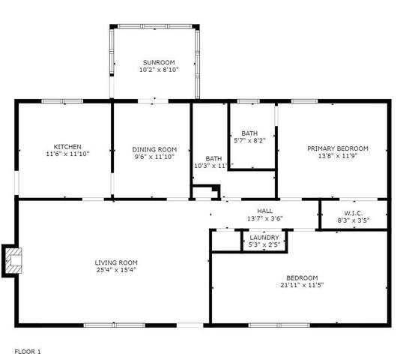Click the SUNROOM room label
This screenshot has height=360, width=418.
point(158,62)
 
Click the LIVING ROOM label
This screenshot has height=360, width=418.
point(116,262)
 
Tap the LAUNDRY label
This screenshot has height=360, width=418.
point(264,238)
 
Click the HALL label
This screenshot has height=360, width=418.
point(264,211)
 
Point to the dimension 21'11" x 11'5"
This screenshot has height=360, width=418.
point(301,285)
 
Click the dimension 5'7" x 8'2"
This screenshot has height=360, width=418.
point(249,140)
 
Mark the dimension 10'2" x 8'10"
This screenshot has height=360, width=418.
point(158,70)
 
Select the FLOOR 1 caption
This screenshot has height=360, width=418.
point(28,351)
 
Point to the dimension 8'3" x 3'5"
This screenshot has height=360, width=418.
point(353,222)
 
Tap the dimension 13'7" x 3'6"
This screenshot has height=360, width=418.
point(264,218)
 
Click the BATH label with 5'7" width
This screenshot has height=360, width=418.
point(249,133)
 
